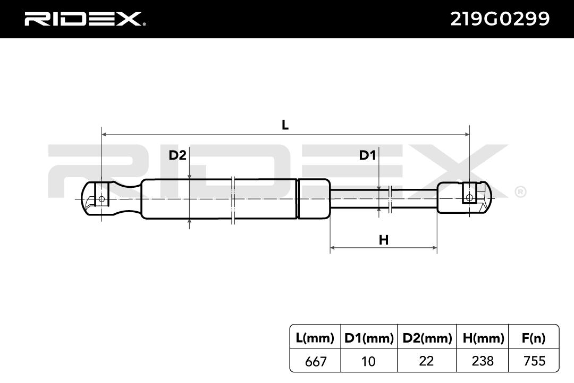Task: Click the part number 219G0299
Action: coord(500,19)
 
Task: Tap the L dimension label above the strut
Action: coord(285,126)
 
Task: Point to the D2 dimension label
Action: coord(178,155)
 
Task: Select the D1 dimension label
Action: coord(367,155)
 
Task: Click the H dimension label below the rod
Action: coord(383,240)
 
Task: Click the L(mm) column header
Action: coord(315,338)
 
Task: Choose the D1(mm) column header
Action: coord(369,338)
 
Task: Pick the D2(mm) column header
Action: coord(427,338)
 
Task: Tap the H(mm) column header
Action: coord(483,338)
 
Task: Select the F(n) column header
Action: coord(534,338)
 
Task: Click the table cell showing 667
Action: coord(315,361)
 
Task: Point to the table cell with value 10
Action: coord(368,361)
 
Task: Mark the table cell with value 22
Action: coord(426,361)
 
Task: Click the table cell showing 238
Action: coord(483,361)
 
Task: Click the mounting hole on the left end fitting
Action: coord(102,199)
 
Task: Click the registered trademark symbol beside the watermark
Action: coord(520,192)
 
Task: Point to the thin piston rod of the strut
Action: coord(384,198)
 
